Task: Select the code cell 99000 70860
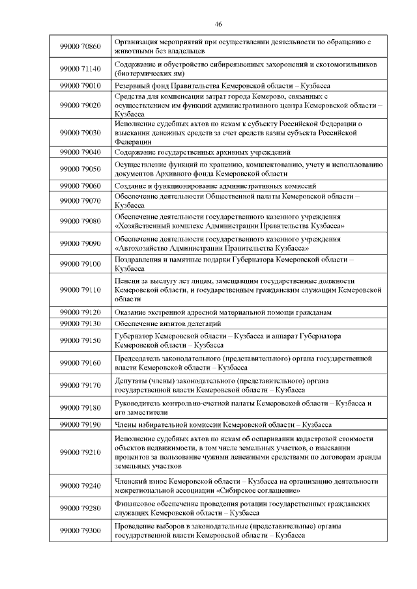pyautogui.click(x=80, y=46)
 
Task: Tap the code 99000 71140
pyautogui.click(x=80, y=69)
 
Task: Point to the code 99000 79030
pyautogui.click(x=80, y=132)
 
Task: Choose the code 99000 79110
pyautogui.click(x=80, y=290)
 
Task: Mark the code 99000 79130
pyautogui.click(x=80, y=323)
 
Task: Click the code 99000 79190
pyautogui.click(x=80, y=424)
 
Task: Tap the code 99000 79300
pyautogui.click(x=80, y=530)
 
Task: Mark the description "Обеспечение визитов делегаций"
pyautogui.click(x=167, y=323)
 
